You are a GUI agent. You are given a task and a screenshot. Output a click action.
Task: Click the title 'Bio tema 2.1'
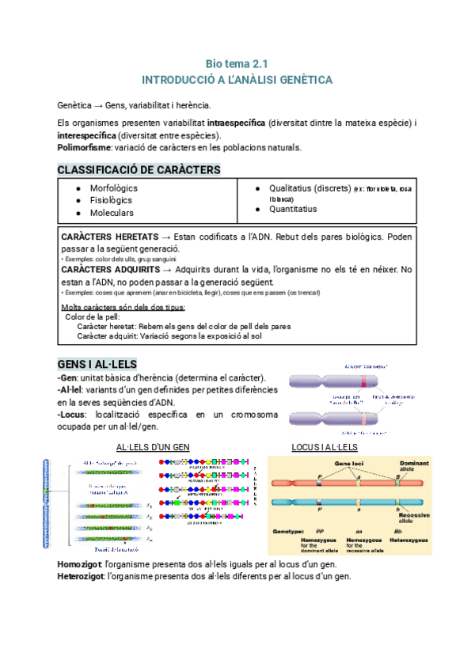[237, 63]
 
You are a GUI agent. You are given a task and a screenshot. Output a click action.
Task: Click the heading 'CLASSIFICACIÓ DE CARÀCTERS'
[139, 170]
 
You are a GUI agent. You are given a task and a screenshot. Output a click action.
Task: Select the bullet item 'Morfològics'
[113, 188]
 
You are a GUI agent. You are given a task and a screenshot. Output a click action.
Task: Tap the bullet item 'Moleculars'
[112, 213]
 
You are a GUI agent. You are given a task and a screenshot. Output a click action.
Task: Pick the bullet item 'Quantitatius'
[292, 209]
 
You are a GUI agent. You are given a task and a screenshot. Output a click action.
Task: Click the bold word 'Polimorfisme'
[84, 147]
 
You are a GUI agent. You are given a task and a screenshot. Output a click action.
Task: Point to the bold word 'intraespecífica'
[236, 124]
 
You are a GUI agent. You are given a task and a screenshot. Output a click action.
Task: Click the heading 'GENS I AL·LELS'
[97, 363]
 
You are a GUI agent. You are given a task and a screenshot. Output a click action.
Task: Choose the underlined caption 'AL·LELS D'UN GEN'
[154, 448]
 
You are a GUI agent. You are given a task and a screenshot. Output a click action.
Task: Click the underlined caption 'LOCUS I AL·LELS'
[325, 448]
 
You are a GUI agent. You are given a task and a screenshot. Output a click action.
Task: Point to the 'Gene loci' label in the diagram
[348, 463]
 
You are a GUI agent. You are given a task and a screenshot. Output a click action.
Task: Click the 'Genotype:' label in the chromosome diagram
[294, 532]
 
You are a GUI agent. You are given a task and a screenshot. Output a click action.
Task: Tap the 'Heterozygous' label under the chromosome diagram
[412, 540]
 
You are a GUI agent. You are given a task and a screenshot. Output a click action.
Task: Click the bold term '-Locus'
[72, 414]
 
